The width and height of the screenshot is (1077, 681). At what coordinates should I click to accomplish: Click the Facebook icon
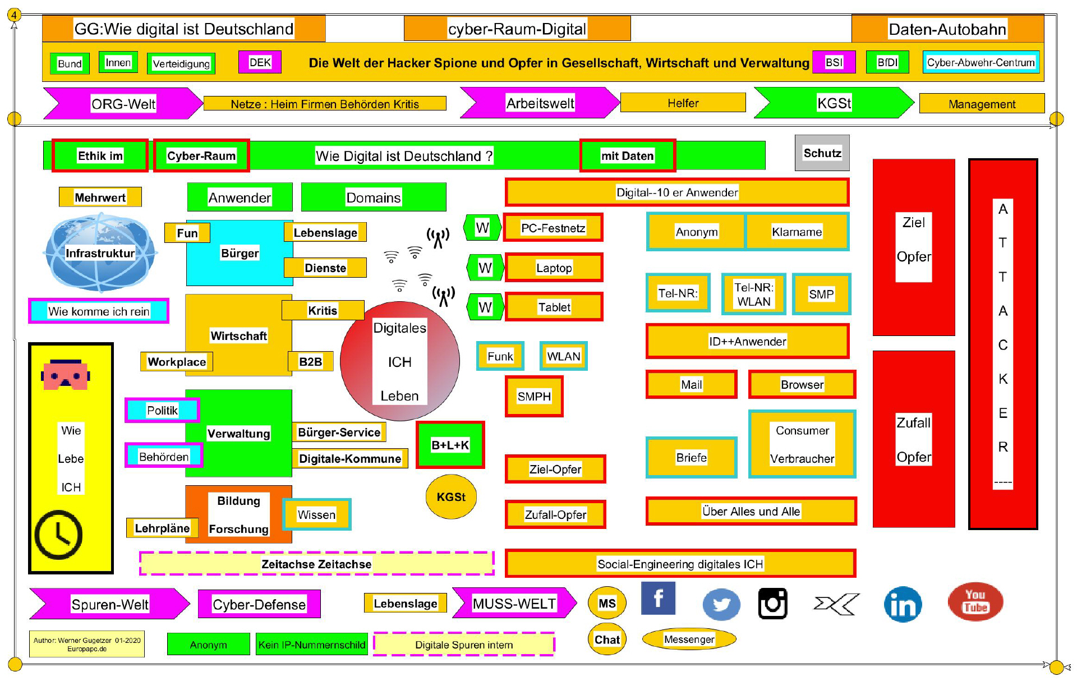click(658, 598)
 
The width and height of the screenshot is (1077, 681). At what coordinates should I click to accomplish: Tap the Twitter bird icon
click(721, 604)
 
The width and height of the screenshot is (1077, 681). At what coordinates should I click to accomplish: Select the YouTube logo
click(975, 601)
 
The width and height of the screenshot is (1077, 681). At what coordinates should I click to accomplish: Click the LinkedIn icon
click(903, 605)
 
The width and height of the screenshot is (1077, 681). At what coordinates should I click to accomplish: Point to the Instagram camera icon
click(773, 604)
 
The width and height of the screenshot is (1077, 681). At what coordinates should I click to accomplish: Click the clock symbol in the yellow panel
click(58, 535)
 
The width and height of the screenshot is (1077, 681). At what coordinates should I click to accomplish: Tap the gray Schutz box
click(822, 153)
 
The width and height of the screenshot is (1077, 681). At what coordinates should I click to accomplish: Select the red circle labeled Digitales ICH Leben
click(400, 361)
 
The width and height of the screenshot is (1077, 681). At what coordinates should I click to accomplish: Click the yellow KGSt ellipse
click(451, 497)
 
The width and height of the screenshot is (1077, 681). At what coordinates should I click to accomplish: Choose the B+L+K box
click(450, 445)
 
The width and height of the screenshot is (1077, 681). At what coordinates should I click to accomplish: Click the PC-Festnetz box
click(553, 228)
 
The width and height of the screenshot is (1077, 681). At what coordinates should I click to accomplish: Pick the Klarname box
click(797, 232)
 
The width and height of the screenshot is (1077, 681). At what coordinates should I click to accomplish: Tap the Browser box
click(802, 384)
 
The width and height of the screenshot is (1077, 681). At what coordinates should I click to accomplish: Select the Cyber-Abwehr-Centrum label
click(981, 62)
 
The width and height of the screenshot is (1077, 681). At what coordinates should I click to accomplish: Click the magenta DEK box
click(260, 62)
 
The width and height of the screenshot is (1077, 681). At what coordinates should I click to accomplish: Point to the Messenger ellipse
click(689, 639)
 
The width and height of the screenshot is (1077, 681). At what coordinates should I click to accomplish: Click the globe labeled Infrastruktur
click(100, 252)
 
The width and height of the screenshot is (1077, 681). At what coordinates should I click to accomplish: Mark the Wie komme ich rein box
click(99, 311)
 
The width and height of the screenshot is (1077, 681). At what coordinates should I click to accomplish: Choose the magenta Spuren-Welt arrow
click(110, 604)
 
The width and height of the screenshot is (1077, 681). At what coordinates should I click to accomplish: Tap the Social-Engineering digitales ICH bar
click(680, 564)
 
